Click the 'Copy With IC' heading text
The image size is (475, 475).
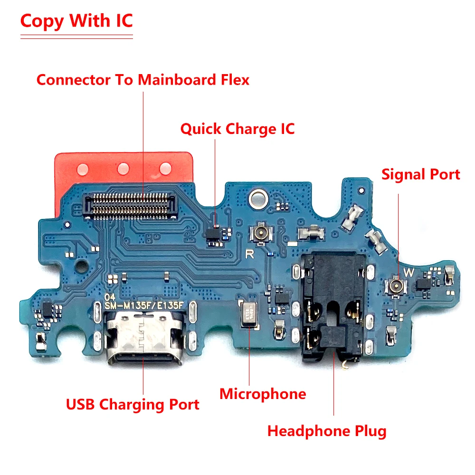(x=76, y=22)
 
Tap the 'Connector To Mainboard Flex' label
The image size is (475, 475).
(x=143, y=80)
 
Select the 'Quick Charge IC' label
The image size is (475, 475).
(x=237, y=129)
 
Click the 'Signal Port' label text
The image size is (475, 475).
(x=420, y=174)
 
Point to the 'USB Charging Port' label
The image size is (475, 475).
(x=133, y=405)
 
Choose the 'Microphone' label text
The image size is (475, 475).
(x=263, y=394)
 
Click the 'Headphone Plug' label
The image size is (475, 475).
(x=327, y=431)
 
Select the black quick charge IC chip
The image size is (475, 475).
(x=215, y=233)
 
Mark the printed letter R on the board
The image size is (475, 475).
(x=249, y=254)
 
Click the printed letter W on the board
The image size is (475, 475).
(x=408, y=273)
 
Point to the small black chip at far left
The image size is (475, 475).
(x=47, y=308)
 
